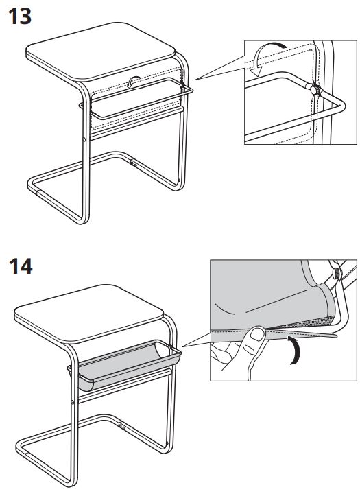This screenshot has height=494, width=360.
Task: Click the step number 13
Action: [19, 16]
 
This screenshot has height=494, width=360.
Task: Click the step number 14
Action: [21, 266]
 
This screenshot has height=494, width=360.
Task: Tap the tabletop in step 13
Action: [100, 50]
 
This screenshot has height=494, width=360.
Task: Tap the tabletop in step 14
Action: [89, 313]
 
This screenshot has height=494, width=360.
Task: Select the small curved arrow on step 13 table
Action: [134, 82]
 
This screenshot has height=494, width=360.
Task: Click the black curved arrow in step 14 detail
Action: [295, 351]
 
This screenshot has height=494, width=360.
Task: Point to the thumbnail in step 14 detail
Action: [258, 335]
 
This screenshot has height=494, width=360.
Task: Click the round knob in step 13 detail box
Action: [315, 89]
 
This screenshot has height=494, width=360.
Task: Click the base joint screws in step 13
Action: [134, 163]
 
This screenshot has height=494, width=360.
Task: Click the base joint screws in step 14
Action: [122, 427]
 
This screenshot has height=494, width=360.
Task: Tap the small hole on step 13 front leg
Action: [84, 139]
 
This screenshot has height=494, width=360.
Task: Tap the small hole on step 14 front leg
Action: [73, 402]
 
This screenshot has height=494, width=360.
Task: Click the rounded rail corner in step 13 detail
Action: [341, 106]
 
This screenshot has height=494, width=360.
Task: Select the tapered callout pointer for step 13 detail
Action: [220, 67]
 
